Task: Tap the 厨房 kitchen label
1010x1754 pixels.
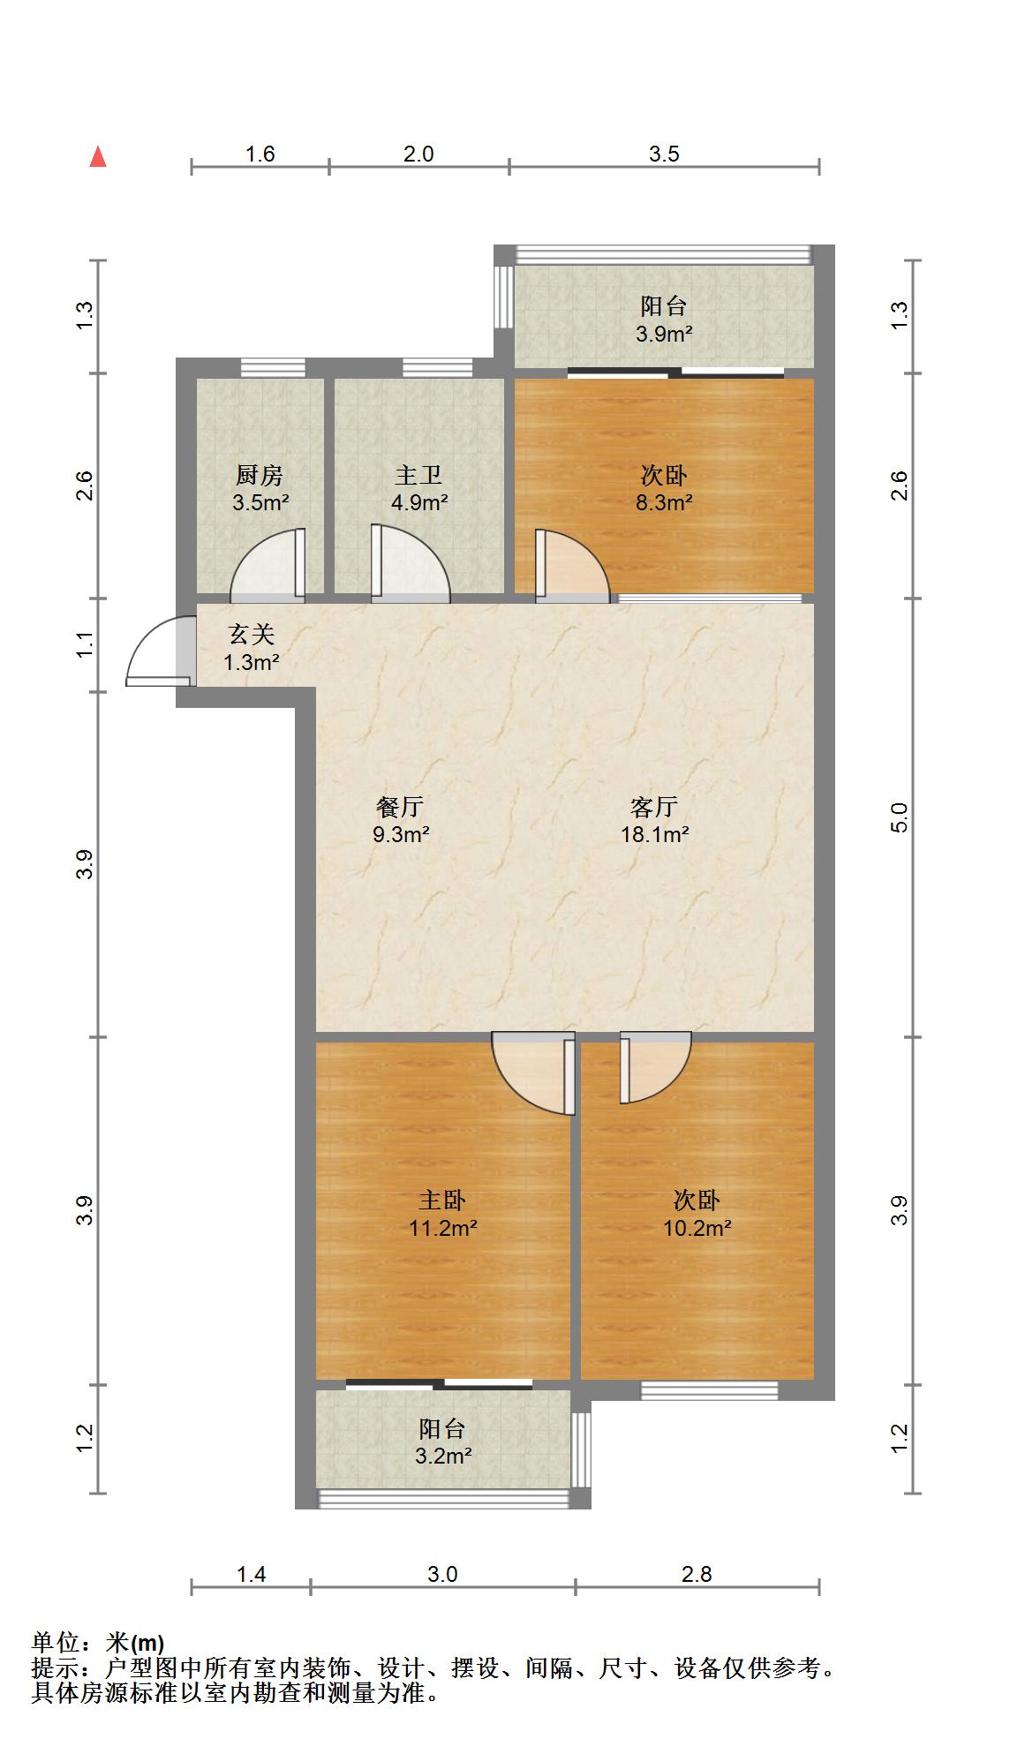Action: pyautogui.click(x=260, y=476)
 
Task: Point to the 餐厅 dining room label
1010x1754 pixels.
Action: pyautogui.click(x=401, y=807)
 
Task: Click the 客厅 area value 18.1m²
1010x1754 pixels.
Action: pyautogui.click(x=654, y=834)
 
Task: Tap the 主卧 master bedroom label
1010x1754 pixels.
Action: pyautogui.click(x=442, y=1201)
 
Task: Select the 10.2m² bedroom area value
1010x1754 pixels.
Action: pyautogui.click(x=697, y=1228)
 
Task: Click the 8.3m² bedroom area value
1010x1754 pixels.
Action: pyautogui.click(x=665, y=503)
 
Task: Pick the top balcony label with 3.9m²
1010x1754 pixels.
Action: pyautogui.click(x=664, y=306)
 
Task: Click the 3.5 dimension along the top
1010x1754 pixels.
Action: pyautogui.click(x=664, y=154)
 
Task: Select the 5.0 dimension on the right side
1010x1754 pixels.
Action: pyautogui.click(x=900, y=817)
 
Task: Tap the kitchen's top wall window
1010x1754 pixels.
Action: pyautogui.click(x=273, y=367)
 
